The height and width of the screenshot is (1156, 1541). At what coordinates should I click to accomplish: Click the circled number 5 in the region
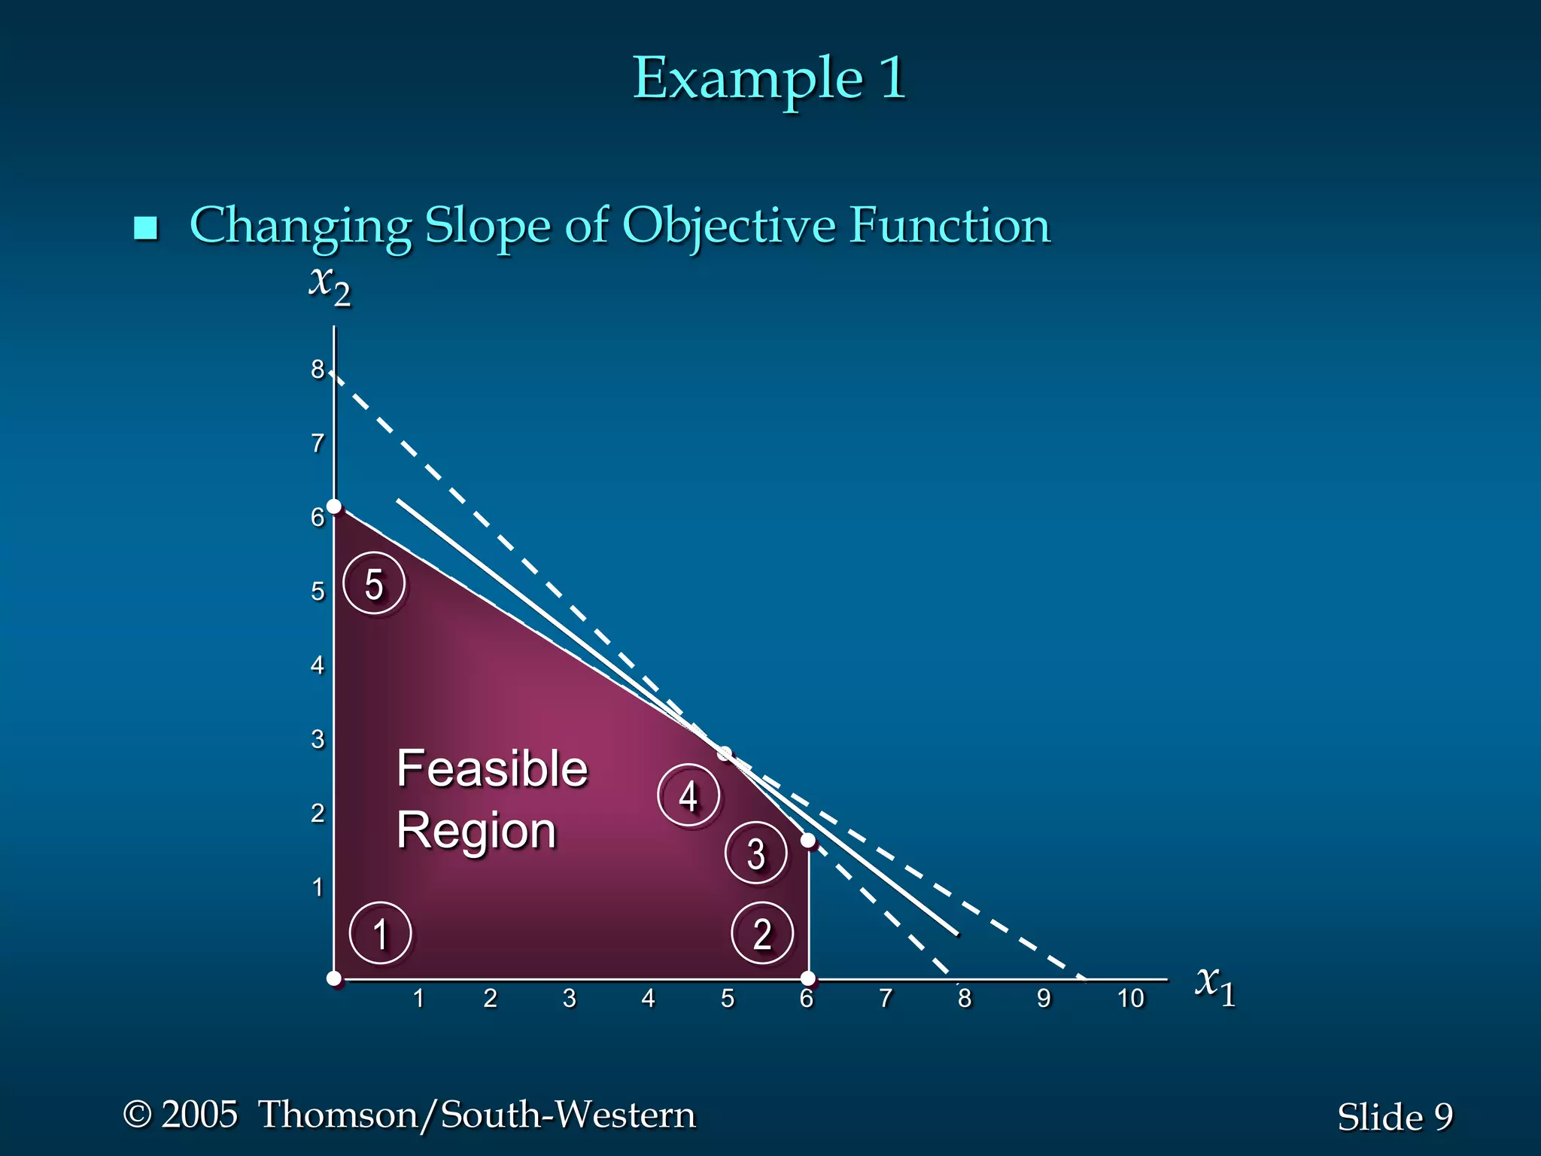pos(374,583)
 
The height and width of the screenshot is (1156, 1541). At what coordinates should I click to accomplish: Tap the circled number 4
pos(688,795)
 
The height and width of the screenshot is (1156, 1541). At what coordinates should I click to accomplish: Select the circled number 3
pos(756,853)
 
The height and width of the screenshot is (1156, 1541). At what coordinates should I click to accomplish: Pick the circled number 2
pos(762,933)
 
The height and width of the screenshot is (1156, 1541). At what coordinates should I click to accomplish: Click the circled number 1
pos(381,933)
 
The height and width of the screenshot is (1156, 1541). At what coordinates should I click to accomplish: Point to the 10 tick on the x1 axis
pos(1130,998)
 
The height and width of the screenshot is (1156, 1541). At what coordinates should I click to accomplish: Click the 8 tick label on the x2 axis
pos(318,369)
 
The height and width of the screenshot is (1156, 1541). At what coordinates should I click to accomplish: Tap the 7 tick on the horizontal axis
pos(886,998)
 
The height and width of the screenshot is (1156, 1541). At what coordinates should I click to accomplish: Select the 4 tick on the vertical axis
pos(318,665)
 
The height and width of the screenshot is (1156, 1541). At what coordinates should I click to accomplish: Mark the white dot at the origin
pos(334,978)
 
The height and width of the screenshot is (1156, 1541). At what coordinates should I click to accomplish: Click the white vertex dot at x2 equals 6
pos(334,507)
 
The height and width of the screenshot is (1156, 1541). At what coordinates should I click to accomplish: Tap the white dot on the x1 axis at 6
pos(808,978)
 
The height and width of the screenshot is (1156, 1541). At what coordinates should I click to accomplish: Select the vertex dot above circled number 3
pos(808,840)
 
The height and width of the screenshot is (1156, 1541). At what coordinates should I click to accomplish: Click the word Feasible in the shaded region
pos(492,768)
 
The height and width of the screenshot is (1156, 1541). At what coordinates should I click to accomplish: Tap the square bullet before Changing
pos(145,227)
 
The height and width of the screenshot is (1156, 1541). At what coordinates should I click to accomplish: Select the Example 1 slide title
pos(769,78)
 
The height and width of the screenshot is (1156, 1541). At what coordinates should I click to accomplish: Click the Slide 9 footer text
pos(1394,1116)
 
